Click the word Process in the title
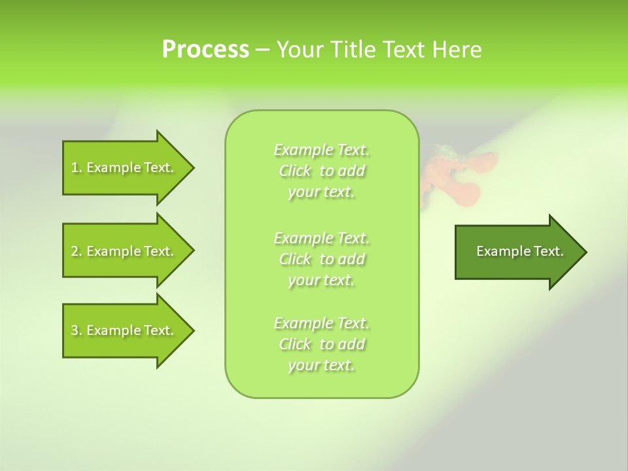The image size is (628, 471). (x=205, y=50)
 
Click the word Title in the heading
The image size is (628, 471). (x=353, y=50)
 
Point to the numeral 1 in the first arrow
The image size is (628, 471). (x=75, y=167)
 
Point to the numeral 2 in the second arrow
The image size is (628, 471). (x=75, y=251)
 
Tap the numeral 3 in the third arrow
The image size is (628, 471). (x=75, y=330)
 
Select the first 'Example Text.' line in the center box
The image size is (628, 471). (x=322, y=150)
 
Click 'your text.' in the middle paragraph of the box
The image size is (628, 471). (x=321, y=280)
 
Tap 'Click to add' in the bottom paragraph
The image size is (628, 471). (x=322, y=344)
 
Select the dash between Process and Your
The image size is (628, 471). (x=263, y=50)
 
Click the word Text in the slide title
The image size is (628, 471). (x=404, y=50)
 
